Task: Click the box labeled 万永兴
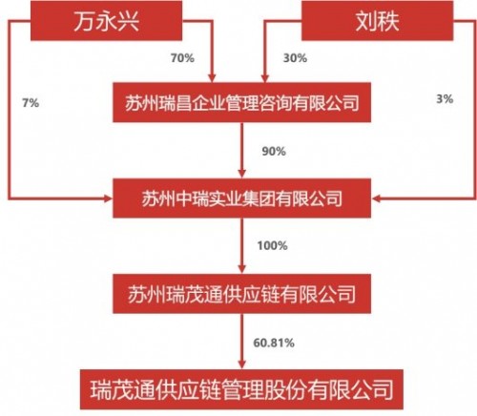106,20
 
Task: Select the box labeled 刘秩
377,20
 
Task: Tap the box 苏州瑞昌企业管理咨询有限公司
241,102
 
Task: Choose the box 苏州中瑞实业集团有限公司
241,198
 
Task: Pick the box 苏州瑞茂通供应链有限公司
241,294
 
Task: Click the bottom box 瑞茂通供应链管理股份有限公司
241,389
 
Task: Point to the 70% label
182,58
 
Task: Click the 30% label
295,58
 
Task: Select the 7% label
31,103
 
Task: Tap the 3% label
445,99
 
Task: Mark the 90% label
274,151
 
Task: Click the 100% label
272,245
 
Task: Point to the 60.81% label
274,343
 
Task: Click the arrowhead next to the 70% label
212,78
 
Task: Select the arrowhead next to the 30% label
265,78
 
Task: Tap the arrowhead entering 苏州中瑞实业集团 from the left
108,198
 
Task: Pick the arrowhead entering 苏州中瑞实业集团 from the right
376,198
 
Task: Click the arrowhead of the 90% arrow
242,174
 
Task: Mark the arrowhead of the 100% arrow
242,269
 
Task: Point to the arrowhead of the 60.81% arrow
242,364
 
